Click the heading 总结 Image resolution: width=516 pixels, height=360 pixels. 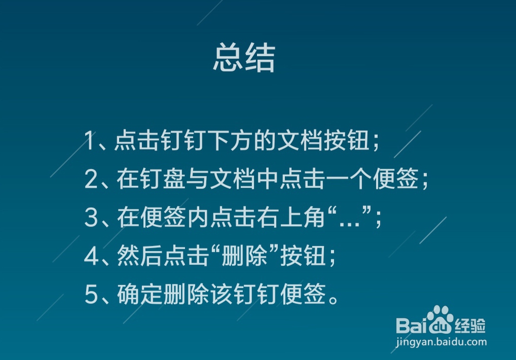point(244,58)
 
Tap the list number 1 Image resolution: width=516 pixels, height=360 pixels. point(89,140)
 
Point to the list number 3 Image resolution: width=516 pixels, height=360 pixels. point(91,218)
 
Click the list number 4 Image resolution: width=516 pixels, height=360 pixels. point(91,256)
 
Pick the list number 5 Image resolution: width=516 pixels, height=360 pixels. point(91,294)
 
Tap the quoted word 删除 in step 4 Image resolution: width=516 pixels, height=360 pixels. point(244,255)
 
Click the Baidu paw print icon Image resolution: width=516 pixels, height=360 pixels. point(440,319)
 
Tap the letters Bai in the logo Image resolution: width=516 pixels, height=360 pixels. point(412,326)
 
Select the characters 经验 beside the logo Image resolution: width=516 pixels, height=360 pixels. point(470,326)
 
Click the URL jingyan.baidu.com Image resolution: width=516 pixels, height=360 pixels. point(441,342)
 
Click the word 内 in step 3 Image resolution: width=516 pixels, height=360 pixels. point(199,218)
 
